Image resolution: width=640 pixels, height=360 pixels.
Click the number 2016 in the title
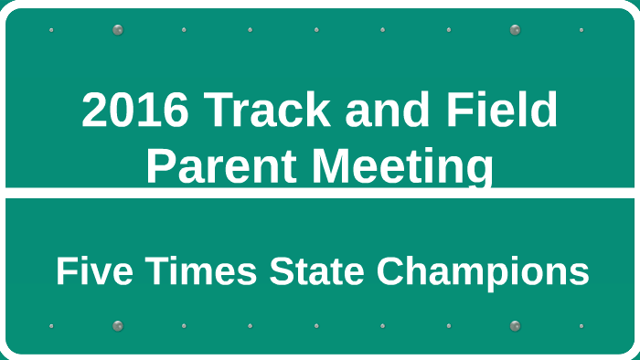pos(135,111)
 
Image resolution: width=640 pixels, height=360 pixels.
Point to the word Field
pos(504,111)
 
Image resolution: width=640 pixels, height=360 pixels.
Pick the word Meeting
pos(401,166)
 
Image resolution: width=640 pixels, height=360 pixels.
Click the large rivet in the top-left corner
pos(118,30)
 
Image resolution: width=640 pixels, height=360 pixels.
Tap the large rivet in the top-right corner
pos(515,30)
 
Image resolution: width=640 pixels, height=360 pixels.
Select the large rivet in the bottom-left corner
pos(118,325)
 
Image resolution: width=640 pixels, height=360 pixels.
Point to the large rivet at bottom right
pos(515,325)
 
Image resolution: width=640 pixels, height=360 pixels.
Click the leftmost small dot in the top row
pos(51,30)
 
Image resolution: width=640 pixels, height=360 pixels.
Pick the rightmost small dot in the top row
pos(581,30)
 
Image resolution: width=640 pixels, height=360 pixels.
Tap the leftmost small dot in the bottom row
pos(51,325)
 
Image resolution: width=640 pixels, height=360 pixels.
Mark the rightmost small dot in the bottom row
pos(581,325)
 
